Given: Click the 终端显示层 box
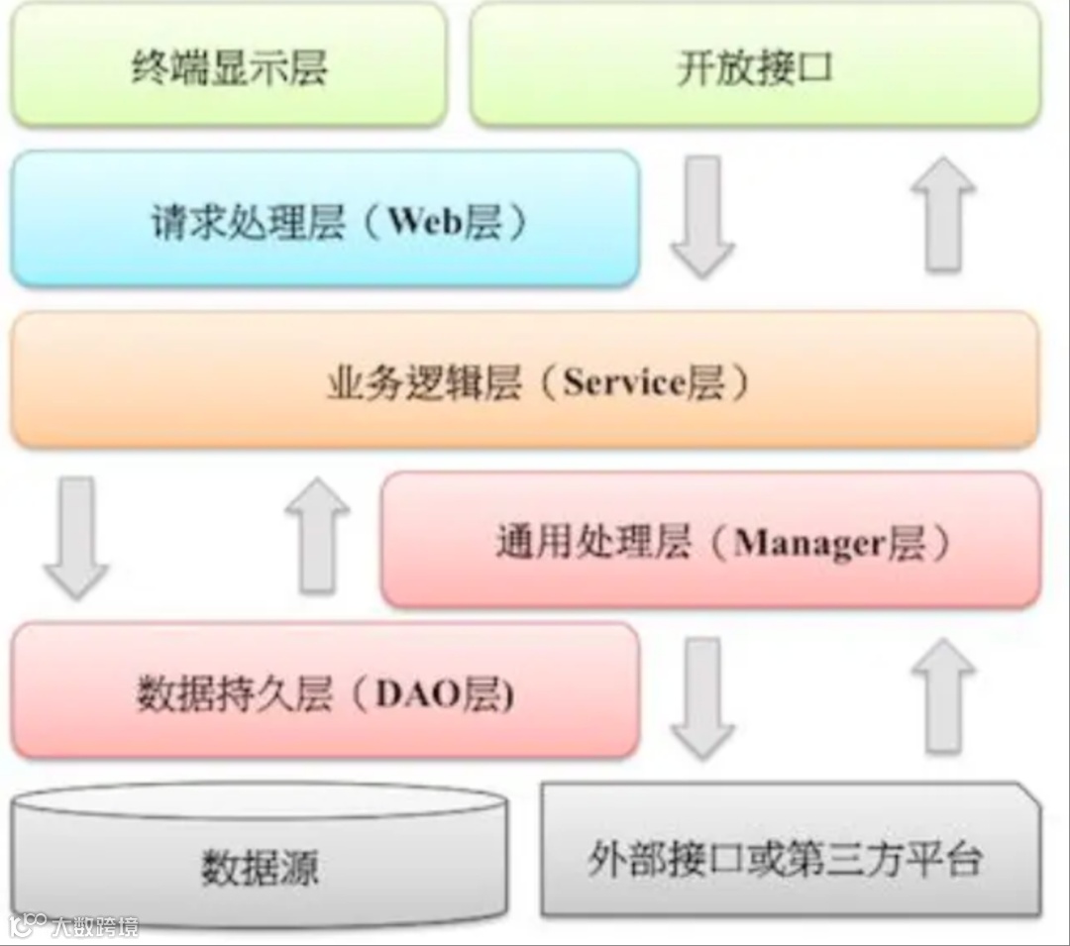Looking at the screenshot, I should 229,67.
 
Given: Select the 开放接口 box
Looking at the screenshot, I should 755,67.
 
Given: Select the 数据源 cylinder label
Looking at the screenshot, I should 260,868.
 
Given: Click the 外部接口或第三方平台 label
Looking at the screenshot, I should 784,859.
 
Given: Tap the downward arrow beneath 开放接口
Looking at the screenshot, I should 701,216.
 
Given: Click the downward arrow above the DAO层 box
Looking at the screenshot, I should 75,537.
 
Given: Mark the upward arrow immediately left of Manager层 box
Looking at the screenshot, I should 317,535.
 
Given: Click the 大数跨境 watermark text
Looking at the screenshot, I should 95,926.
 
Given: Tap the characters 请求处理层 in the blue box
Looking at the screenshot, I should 248,222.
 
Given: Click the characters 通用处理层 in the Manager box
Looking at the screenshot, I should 591,543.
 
